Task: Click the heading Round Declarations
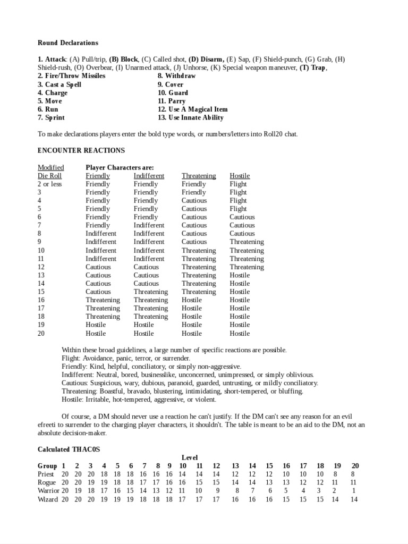(x=67, y=42)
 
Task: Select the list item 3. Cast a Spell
(x=59, y=84)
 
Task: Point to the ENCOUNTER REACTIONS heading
(x=81, y=150)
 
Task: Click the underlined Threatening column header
(x=199, y=175)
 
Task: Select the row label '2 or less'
(x=50, y=184)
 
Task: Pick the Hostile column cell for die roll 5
(x=238, y=209)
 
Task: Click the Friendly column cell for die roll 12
(x=98, y=267)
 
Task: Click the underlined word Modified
(x=50, y=167)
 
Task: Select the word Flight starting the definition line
(x=70, y=358)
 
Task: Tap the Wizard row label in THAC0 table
(x=48, y=499)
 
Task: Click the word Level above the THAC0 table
(x=190, y=457)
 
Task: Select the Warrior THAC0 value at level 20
(x=354, y=491)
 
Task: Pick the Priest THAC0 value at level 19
(x=335, y=474)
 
